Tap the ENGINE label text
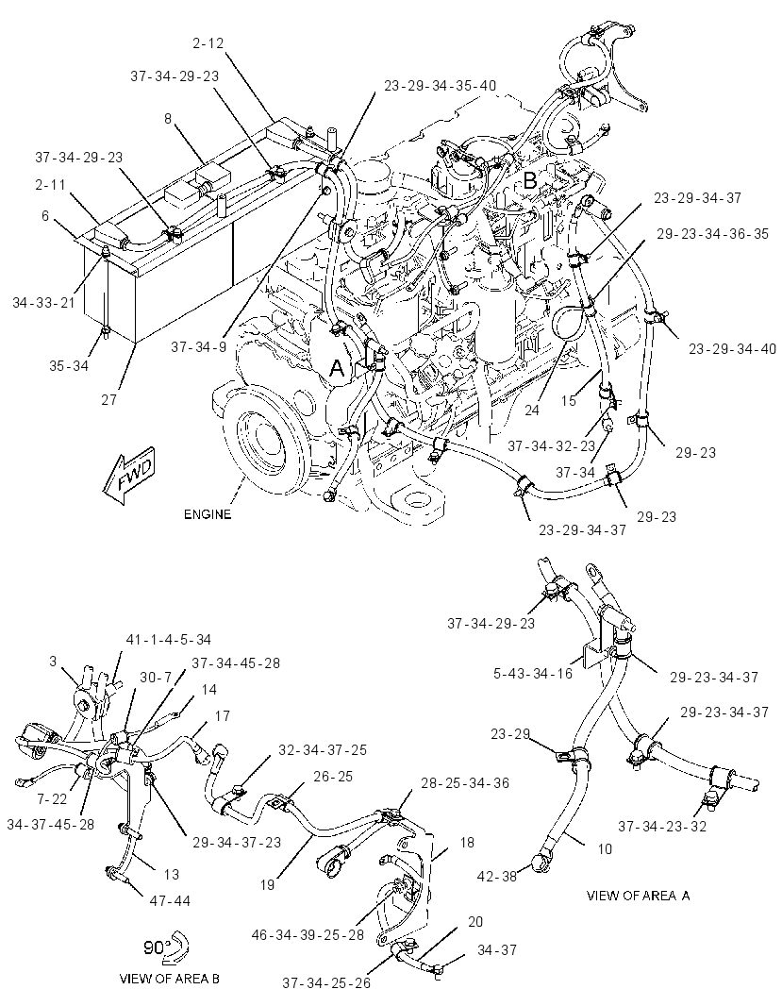pos(208,514)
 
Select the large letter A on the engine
pos(338,369)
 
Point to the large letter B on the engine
pos(530,180)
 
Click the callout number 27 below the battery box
pos(109,400)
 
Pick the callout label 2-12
pos(208,43)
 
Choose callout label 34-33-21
pos(43,302)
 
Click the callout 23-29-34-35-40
pos(441,85)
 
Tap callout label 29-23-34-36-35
pos(712,233)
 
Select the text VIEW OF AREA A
pos(639,896)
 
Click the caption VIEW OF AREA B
pos(170,979)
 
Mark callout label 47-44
pos(170,901)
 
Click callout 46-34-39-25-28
pos(308,935)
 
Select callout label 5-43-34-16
pos(534,673)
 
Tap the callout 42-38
pos(497,876)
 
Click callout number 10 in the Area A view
pos(605,848)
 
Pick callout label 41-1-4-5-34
pos(168,640)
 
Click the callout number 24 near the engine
pos(532,410)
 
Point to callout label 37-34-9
pos(198,347)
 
